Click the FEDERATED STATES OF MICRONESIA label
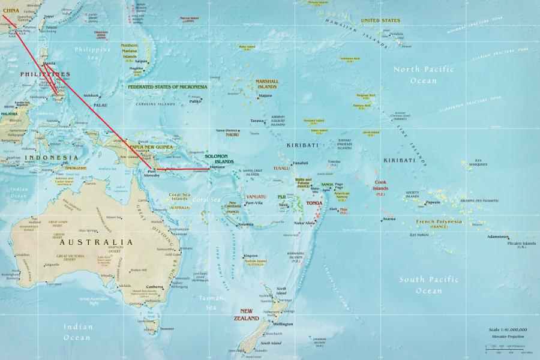pyautogui.click(x=167, y=86)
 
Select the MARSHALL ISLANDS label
pyautogui.click(x=266, y=84)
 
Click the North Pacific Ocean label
pyautogui.click(x=424, y=74)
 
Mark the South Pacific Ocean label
pyautogui.click(x=429, y=285)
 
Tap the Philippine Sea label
pyautogui.click(x=92, y=53)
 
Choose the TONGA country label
pyautogui.click(x=314, y=203)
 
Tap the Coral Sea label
pyautogui.click(x=206, y=199)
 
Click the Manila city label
pyautogui.click(x=49, y=63)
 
